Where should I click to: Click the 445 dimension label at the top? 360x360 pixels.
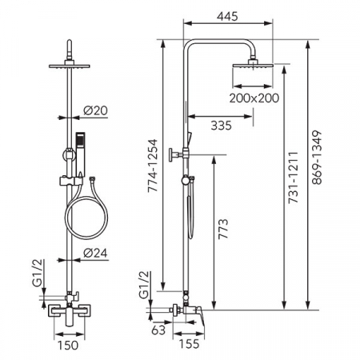point(227,17)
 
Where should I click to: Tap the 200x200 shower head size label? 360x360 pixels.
point(254,98)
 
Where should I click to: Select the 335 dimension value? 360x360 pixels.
point(221,126)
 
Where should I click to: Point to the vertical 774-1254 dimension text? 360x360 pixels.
point(153,166)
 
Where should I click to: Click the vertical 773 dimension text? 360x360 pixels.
point(223,229)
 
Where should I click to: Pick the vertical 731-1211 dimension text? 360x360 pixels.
point(293,178)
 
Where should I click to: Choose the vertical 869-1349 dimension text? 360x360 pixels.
point(317,158)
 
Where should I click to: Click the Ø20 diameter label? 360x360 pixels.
point(95,110)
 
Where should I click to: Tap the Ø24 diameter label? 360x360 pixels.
point(95,253)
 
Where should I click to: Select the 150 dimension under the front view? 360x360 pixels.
point(68,346)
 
